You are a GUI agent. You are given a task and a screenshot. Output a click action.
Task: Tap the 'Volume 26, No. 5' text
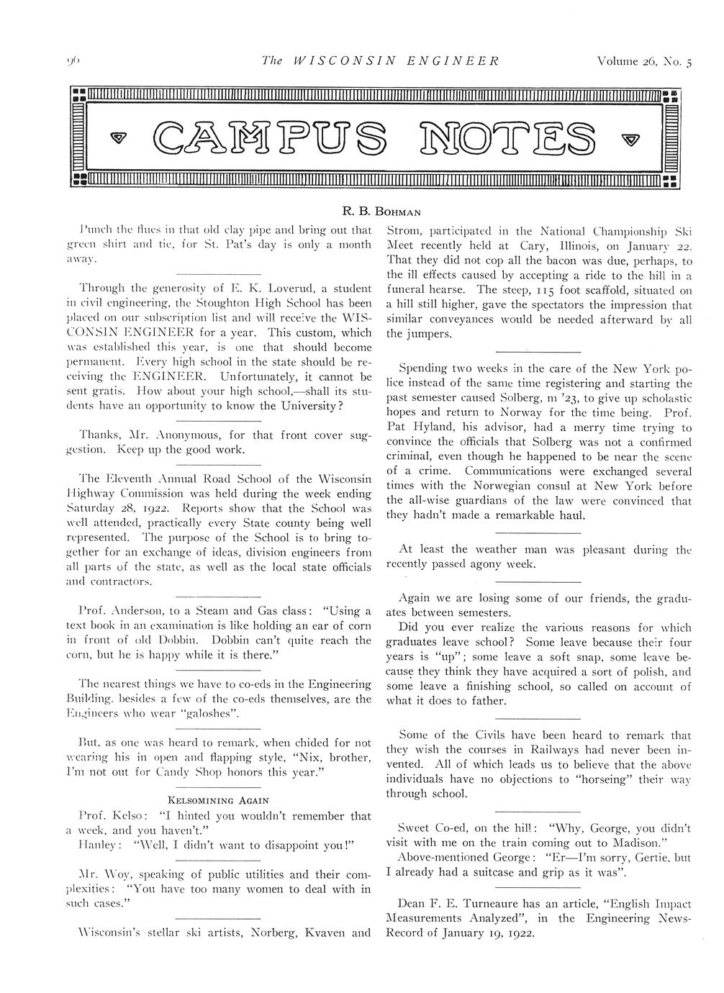[644, 61]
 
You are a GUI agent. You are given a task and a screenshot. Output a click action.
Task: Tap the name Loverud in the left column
[292, 289]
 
